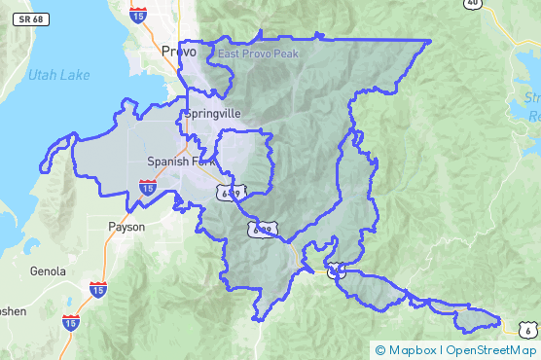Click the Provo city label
pos(180,52)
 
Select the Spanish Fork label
pos(180,162)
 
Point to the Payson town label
pos(126,227)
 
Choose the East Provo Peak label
pos(258,54)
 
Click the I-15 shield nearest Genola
pos(98,289)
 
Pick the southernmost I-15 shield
pos(71,323)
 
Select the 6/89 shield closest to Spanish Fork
pos(229,193)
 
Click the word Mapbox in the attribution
pos(412,350)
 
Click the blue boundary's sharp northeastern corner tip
pos(430,41)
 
